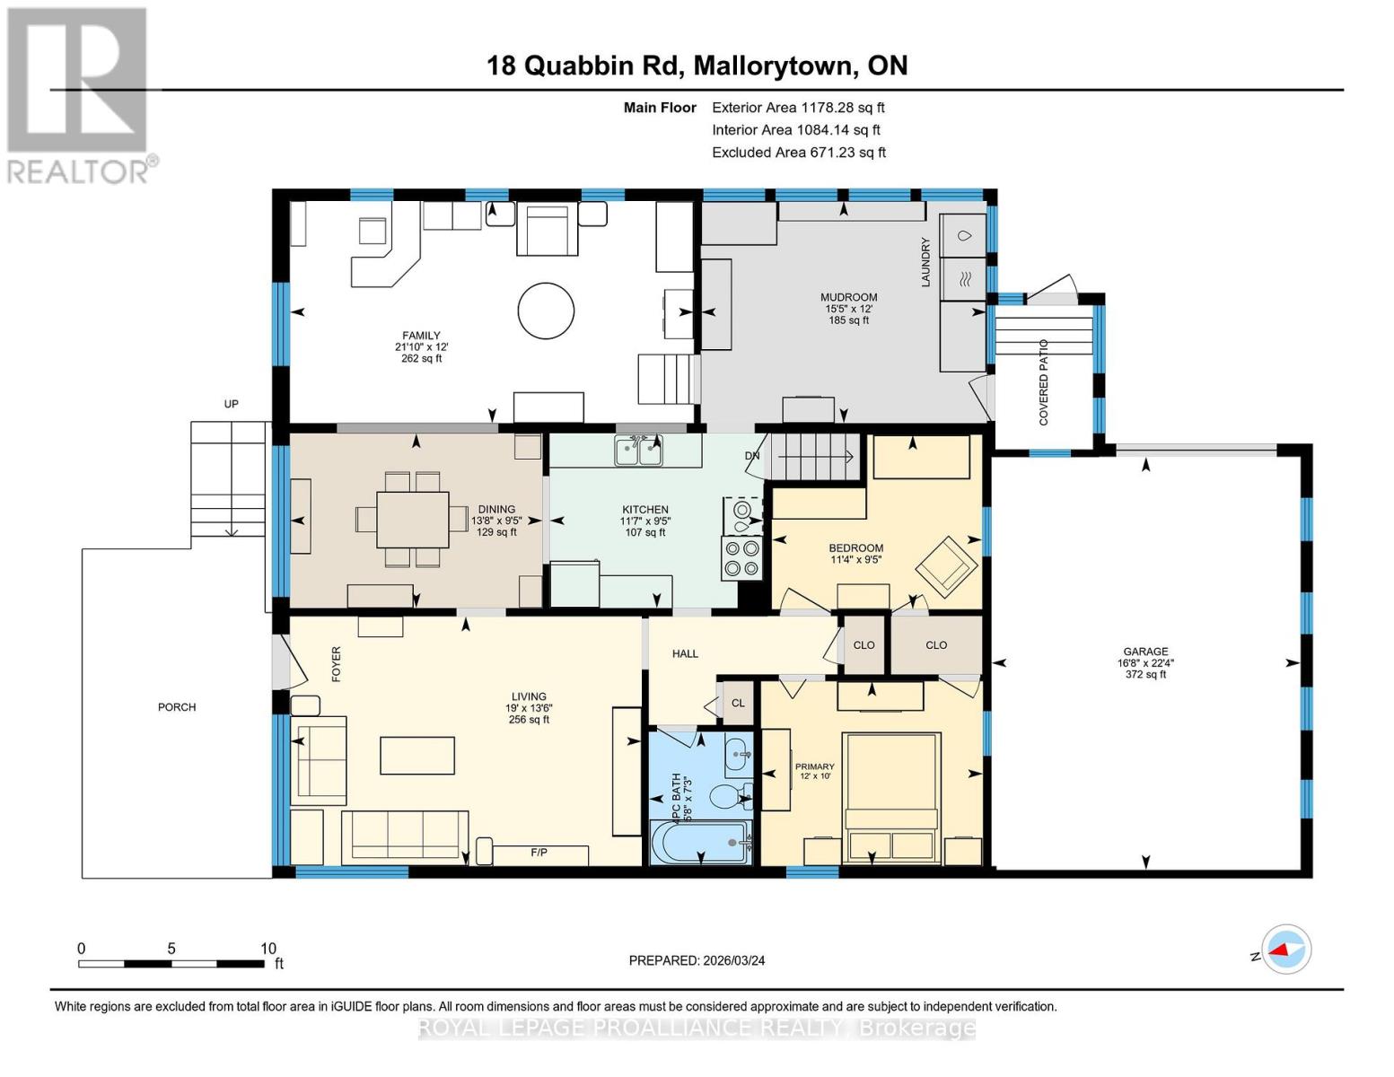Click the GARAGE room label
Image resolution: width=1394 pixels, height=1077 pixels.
[x=1145, y=651]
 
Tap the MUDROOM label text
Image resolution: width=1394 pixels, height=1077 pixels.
[x=848, y=297]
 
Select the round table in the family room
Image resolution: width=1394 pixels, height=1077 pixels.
[x=546, y=311]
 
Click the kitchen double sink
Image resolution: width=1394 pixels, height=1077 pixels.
[x=638, y=451]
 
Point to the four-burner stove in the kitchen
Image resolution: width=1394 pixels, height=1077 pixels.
[x=741, y=558]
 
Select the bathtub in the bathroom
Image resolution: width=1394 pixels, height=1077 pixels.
[x=700, y=842]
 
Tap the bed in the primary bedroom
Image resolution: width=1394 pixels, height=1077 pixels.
[x=891, y=797]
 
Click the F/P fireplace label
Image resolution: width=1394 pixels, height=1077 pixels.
[x=539, y=853]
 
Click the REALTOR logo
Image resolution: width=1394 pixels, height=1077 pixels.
[x=80, y=96]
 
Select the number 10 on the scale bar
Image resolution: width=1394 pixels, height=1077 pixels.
[x=268, y=948]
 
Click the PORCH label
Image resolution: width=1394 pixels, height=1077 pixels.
[x=177, y=707]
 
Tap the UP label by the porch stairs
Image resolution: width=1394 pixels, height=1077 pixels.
[x=231, y=404]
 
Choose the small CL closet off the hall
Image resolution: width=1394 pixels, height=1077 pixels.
[x=738, y=703]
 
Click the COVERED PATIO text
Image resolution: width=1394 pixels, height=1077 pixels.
[x=1043, y=381]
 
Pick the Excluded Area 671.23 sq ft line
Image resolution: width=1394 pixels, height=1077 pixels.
[x=799, y=152]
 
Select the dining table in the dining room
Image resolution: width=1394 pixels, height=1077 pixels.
[x=413, y=519]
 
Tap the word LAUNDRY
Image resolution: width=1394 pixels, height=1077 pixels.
[x=925, y=262]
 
